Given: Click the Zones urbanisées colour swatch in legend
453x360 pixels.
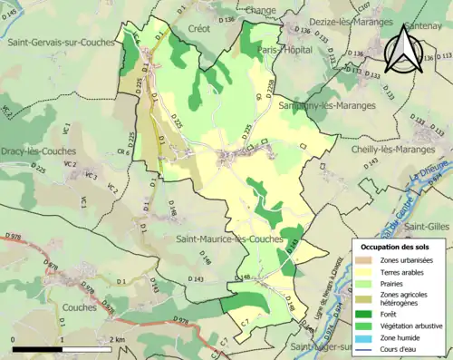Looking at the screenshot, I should (366, 259).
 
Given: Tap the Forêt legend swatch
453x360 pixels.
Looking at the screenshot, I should (366, 315).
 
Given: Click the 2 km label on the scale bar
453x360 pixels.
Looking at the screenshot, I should (116, 339).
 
